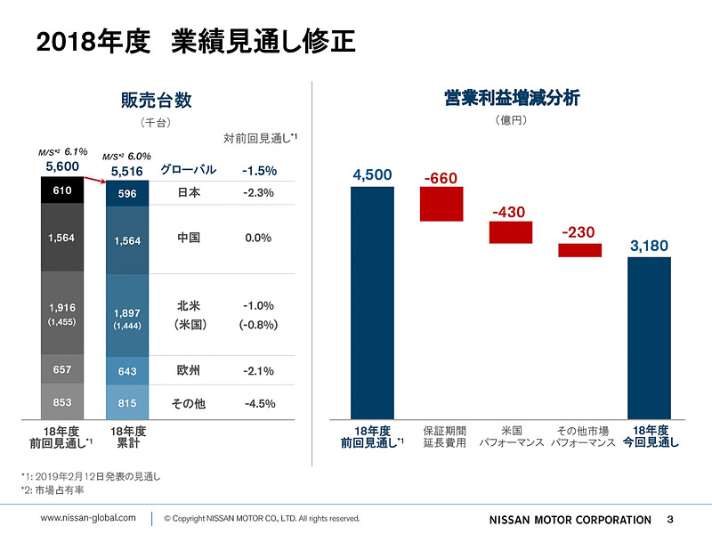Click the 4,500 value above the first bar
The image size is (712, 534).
372,175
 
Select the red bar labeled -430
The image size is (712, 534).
510,232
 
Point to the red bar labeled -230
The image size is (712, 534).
579,250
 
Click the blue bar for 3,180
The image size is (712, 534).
649,337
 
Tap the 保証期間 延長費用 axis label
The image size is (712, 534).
441,435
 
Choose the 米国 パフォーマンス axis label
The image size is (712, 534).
510,435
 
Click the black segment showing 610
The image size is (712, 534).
62,190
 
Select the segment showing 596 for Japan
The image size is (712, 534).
127,194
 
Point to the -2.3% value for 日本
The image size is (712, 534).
259,193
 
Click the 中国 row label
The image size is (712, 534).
188,239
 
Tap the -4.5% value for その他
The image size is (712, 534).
259,403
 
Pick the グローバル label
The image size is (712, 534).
188,170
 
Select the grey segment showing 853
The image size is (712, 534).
62,402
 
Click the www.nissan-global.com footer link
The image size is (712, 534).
89,517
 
